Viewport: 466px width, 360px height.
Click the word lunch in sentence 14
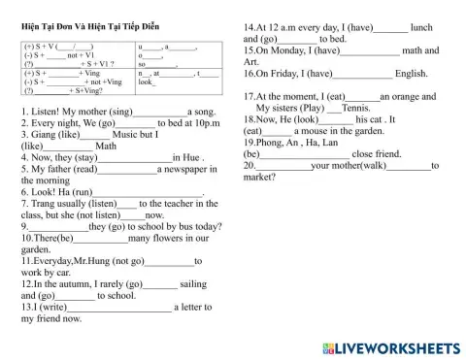(410, 27)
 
